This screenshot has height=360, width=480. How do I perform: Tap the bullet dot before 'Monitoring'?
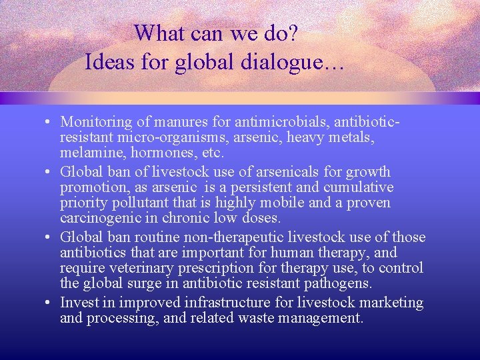[50, 123]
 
